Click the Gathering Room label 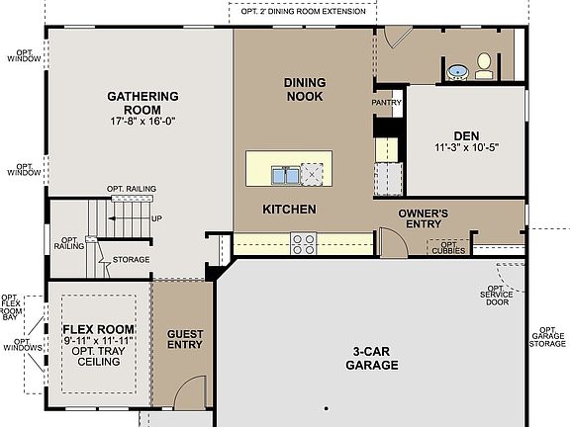(x=142, y=103)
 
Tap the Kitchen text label (x=289, y=210)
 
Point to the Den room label (x=466, y=135)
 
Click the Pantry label (x=386, y=103)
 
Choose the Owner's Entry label (x=424, y=218)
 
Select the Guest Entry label (x=184, y=339)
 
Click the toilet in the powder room (x=484, y=67)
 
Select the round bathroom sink (x=458, y=71)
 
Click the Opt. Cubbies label (x=449, y=247)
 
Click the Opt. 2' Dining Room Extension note (x=303, y=11)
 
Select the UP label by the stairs (x=156, y=218)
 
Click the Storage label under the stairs (x=131, y=260)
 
